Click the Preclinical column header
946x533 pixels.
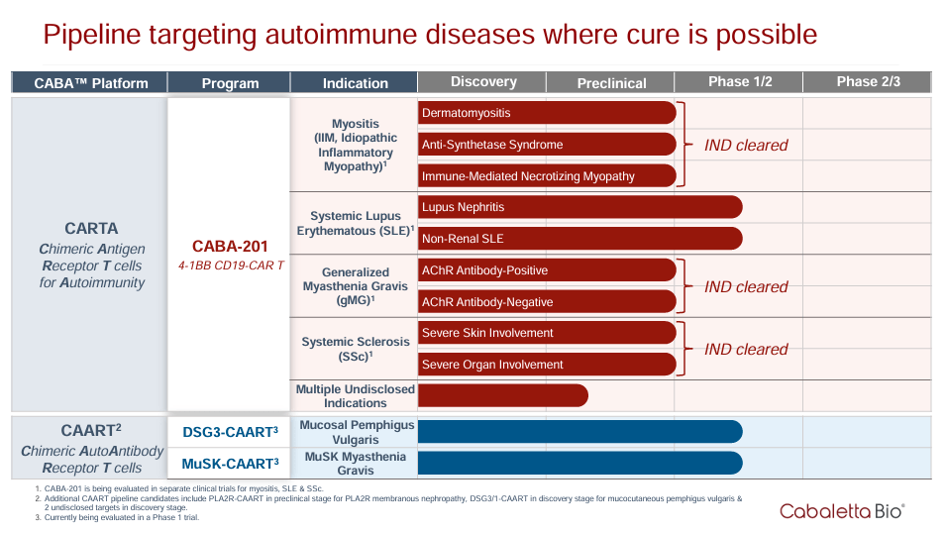(610, 83)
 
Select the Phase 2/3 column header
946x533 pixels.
(867, 82)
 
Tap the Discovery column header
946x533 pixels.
(482, 82)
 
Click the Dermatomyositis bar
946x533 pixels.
(547, 113)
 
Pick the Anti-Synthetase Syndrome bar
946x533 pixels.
(547, 145)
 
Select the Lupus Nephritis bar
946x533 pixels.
(579, 207)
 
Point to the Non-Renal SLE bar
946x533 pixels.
(579, 239)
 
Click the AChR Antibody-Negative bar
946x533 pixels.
(547, 302)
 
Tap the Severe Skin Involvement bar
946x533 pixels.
(547, 333)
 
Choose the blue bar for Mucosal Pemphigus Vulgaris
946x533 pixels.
(579, 431)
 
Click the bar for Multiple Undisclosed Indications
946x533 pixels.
(502, 395)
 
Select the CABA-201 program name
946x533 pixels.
(230, 247)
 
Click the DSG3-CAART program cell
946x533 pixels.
(230, 432)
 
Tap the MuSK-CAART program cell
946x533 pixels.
(230, 463)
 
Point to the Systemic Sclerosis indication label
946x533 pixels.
(355, 349)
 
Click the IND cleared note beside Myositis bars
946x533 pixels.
(746, 146)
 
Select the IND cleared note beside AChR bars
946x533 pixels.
(746, 287)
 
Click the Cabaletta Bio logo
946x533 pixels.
(842, 511)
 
